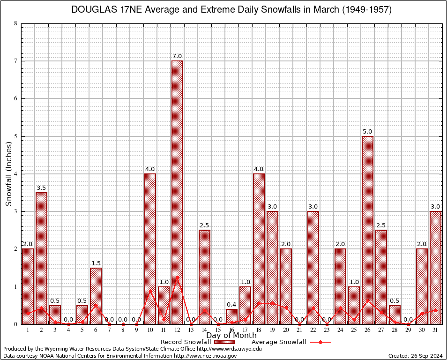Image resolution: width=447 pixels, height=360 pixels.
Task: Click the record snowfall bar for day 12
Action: pyautogui.click(x=177, y=192)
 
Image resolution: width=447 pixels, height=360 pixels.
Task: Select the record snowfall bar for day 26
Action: pyautogui.click(x=367, y=230)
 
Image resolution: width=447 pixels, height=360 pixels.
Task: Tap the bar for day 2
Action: pyautogui.click(x=41, y=258)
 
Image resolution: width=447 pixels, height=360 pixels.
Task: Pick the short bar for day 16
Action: pyautogui.click(x=231, y=316)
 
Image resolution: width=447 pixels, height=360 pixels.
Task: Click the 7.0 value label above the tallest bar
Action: pyautogui.click(x=177, y=56)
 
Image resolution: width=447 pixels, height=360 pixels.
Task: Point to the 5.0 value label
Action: pyautogui.click(x=367, y=132)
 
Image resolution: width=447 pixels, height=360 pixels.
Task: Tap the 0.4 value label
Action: pyautogui.click(x=231, y=305)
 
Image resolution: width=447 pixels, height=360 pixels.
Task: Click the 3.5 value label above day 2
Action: pyautogui.click(x=41, y=188)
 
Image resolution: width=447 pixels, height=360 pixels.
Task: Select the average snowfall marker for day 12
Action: pyautogui.click(x=177, y=277)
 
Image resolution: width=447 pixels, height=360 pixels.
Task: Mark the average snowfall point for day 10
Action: pyautogui.click(x=150, y=291)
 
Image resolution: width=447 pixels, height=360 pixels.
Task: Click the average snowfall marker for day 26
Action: pyautogui.click(x=367, y=300)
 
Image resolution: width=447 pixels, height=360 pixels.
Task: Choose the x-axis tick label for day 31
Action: pyautogui.click(x=435, y=330)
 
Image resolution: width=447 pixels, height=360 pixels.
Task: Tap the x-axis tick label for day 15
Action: pyautogui.click(x=218, y=330)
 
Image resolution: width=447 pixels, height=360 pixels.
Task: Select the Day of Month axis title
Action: pyautogui.click(x=231, y=336)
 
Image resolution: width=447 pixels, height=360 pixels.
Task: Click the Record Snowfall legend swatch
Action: pyautogui.click(x=224, y=342)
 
